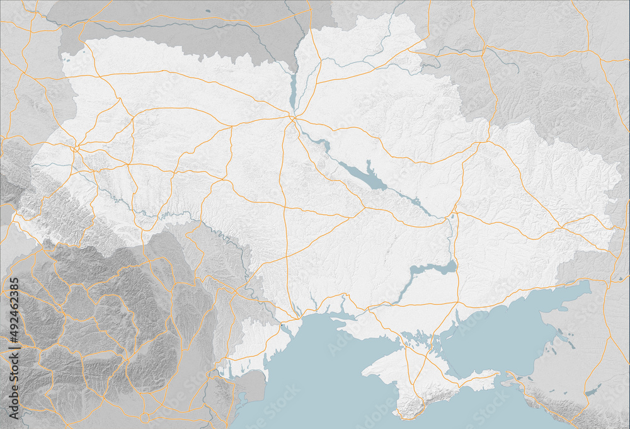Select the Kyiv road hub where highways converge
(294, 117)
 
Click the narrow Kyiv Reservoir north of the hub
(292, 88)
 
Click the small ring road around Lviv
(75, 149)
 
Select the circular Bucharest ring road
(144, 417)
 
